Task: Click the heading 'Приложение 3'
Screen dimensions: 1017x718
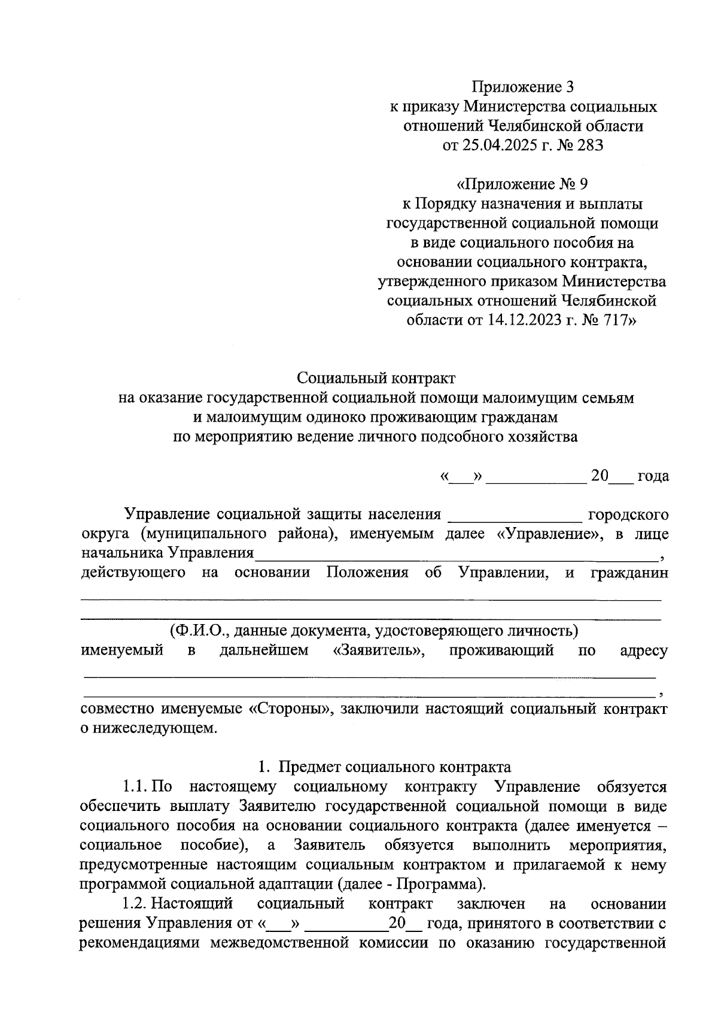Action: point(523,87)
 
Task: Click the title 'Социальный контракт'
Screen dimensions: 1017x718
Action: point(376,378)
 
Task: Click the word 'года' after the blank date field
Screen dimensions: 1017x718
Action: point(653,476)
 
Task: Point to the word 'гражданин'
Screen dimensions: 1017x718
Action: point(629,573)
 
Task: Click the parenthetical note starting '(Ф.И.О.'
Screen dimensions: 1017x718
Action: point(374,631)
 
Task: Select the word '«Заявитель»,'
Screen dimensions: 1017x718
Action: point(379,650)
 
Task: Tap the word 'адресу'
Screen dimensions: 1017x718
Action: point(644,650)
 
